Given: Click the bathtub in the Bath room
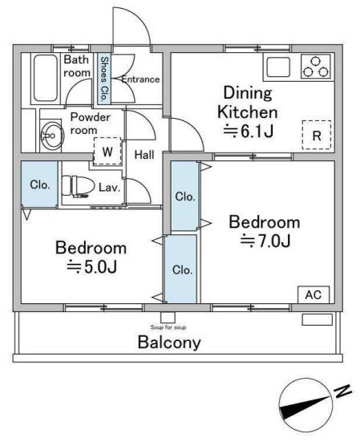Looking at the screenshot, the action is tap(46, 78).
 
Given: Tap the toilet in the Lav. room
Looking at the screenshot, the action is tap(79, 186).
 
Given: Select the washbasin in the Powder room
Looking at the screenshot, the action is tap(51, 136).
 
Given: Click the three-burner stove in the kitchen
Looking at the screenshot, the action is tap(316, 67).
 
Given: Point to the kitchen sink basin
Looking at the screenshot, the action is tap(278, 67).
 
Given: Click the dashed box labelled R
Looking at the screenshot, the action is tap(317, 135).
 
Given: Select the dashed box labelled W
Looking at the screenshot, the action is tap(107, 152).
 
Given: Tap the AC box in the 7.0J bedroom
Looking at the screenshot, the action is tap(313, 294).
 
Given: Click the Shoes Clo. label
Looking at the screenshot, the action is tap(104, 79).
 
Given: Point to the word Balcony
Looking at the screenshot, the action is tap(169, 343).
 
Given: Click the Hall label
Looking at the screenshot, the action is tap(144, 155).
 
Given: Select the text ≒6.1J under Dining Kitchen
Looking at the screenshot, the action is tap(249, 131).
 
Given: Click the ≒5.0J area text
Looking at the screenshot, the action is tap(91, 267).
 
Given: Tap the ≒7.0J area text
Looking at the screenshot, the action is tap(265, 241).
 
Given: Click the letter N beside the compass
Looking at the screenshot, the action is tap(342, 391).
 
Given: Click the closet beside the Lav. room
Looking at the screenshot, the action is tap(40, 184).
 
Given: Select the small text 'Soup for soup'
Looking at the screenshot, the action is tap(168, 327).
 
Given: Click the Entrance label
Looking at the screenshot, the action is tap(140, 79).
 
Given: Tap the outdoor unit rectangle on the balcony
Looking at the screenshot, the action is tap(317, 319).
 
